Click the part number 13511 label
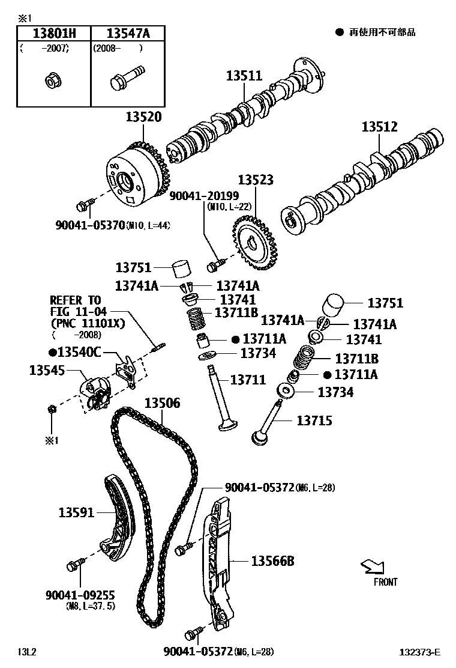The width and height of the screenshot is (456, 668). [x=244, y=76]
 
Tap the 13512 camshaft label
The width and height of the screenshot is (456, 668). [x=379, y=127]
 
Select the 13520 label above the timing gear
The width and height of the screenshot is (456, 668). [x=143, y=117]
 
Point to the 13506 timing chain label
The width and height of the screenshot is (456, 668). [x=161, y=402]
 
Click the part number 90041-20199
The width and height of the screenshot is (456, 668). [x=204, y=195]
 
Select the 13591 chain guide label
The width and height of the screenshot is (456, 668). [x=76, y=512]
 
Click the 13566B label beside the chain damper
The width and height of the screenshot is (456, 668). [x=272, y=561]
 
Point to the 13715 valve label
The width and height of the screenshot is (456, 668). [x=314, y=421]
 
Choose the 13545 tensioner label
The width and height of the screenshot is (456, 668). [x=47, y=370]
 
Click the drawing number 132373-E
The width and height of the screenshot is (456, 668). [x=421, y=652]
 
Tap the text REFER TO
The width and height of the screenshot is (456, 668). [x=75, y=300]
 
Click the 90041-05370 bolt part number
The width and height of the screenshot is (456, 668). [x=90, y=225]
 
